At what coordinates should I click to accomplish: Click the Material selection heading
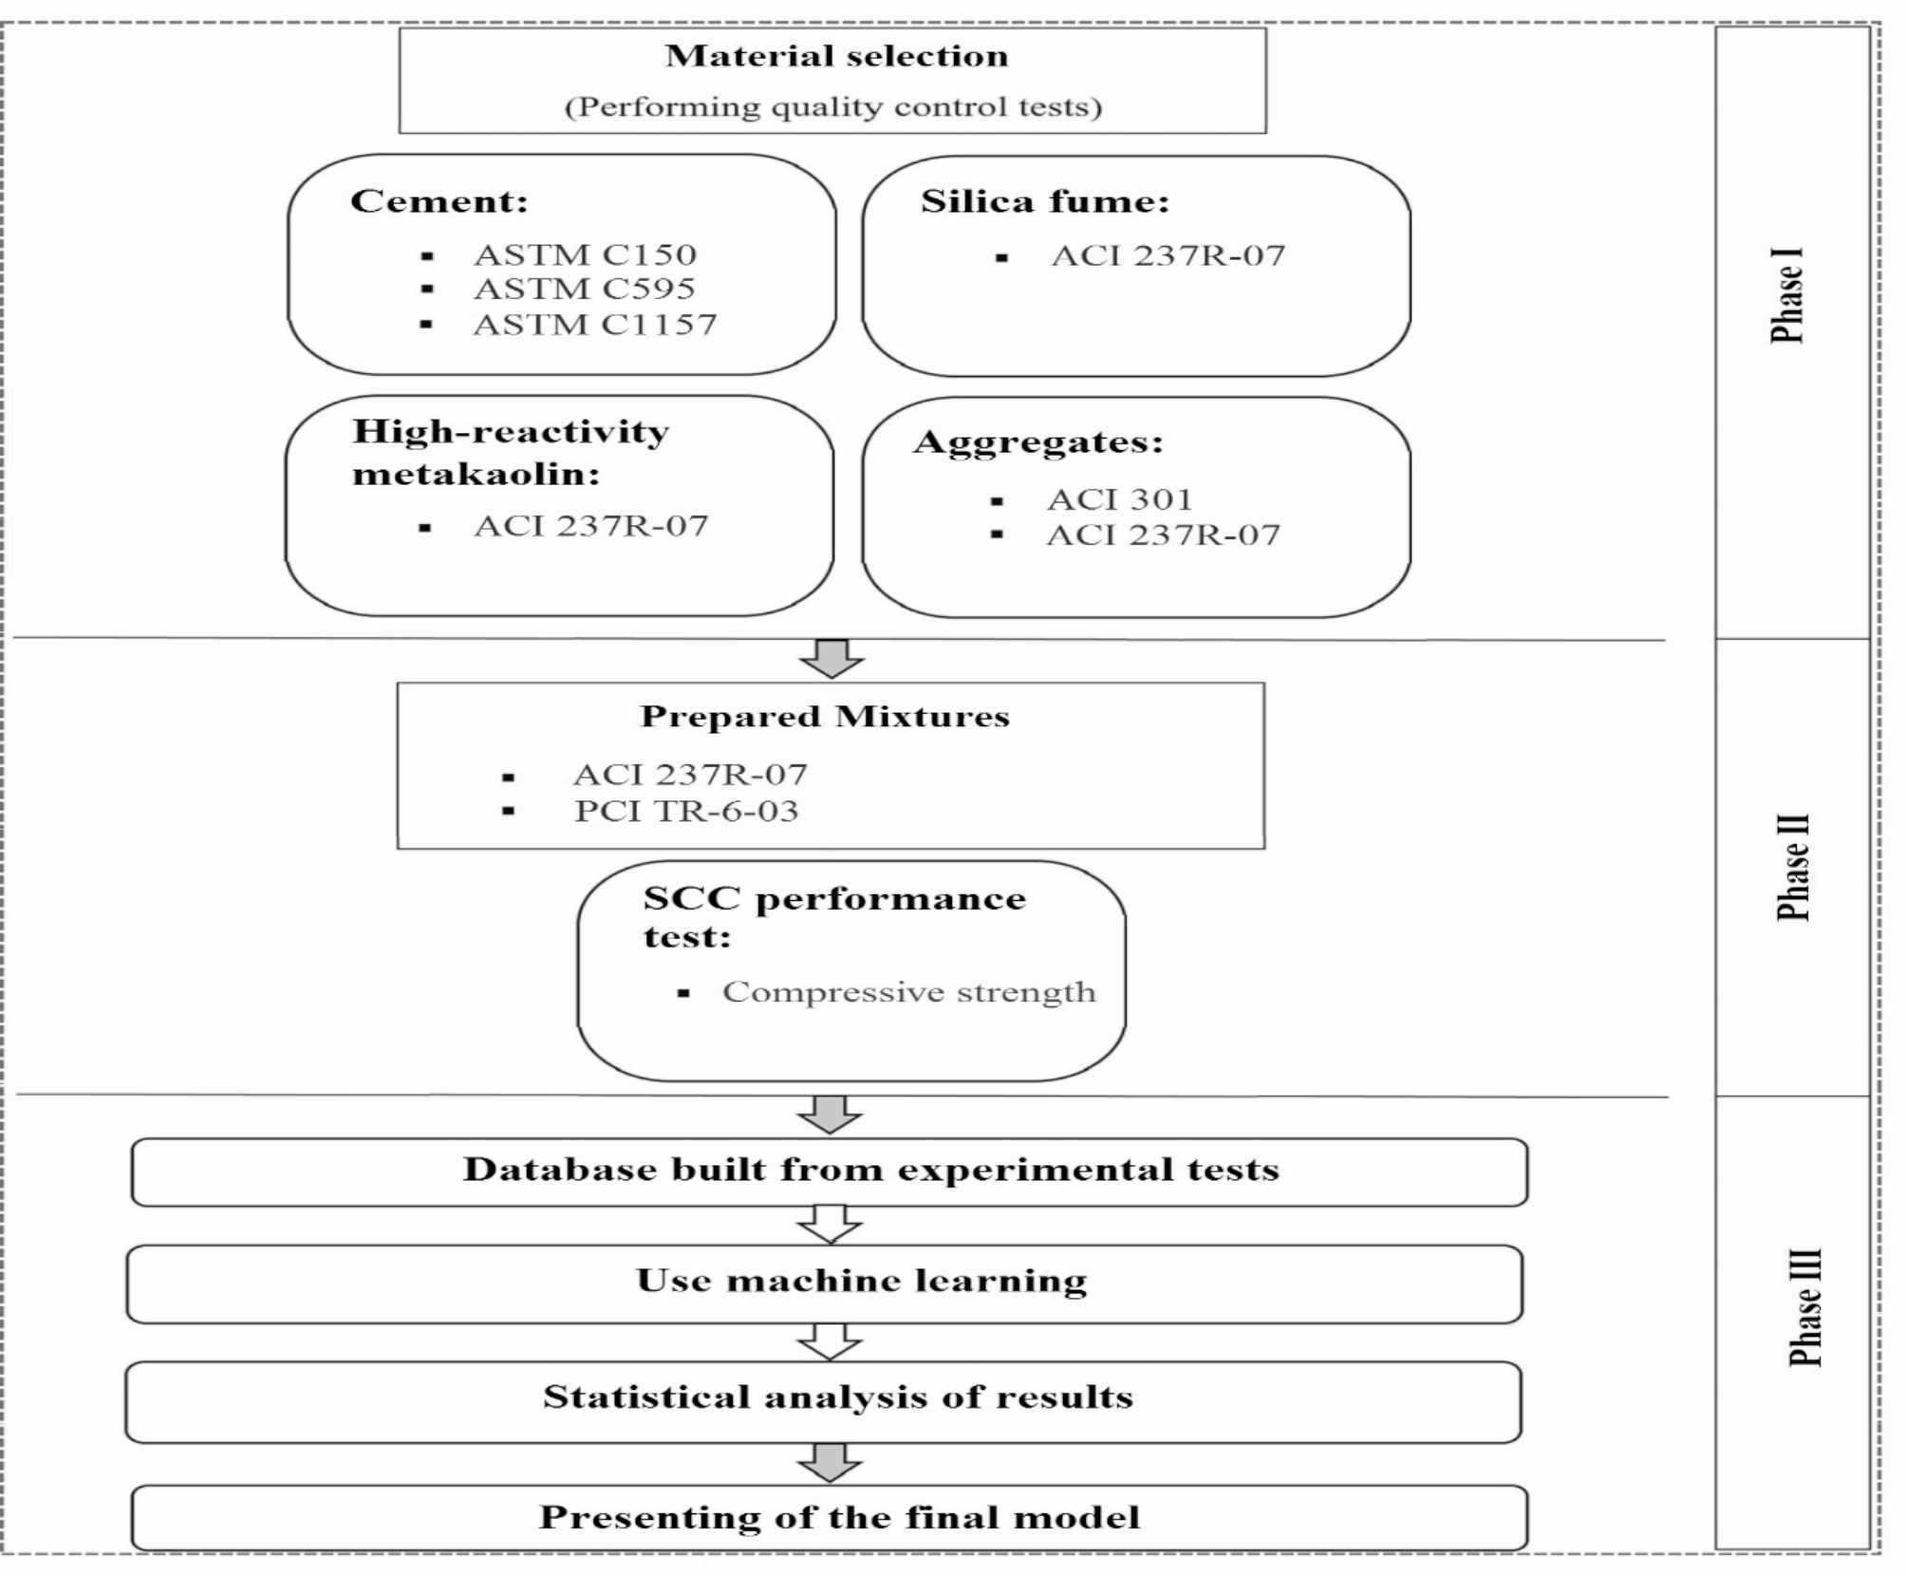click(836, 56)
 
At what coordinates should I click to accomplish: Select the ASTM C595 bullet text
click(584, 289)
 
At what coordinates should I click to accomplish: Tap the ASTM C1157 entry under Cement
click(594, 325)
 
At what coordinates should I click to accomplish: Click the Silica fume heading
click(1044, 201)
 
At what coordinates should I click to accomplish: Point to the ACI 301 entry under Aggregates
click(1119, 499)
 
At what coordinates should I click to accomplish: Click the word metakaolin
click(476, 473)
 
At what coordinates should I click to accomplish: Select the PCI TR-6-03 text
click(685, 812)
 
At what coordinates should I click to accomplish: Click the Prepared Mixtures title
click(825, 716)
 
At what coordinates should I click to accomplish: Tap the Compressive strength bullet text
click(908, 992)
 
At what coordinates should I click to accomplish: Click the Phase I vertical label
click(1787, 295)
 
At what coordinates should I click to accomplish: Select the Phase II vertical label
click(1792, 867)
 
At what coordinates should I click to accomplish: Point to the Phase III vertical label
click(1804, 1306)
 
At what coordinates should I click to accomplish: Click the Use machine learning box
click(825, 1284)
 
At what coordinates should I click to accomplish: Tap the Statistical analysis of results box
click(823, 1401)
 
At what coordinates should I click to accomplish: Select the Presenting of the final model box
click(829, 1517)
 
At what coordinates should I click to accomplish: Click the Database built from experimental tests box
click(829, 1172)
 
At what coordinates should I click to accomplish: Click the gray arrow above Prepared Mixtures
click(832, 658)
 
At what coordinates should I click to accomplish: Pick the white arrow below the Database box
click(829, 1224)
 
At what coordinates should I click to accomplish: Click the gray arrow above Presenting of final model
click(829, 1462)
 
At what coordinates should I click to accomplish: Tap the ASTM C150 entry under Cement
click(585, 254)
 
